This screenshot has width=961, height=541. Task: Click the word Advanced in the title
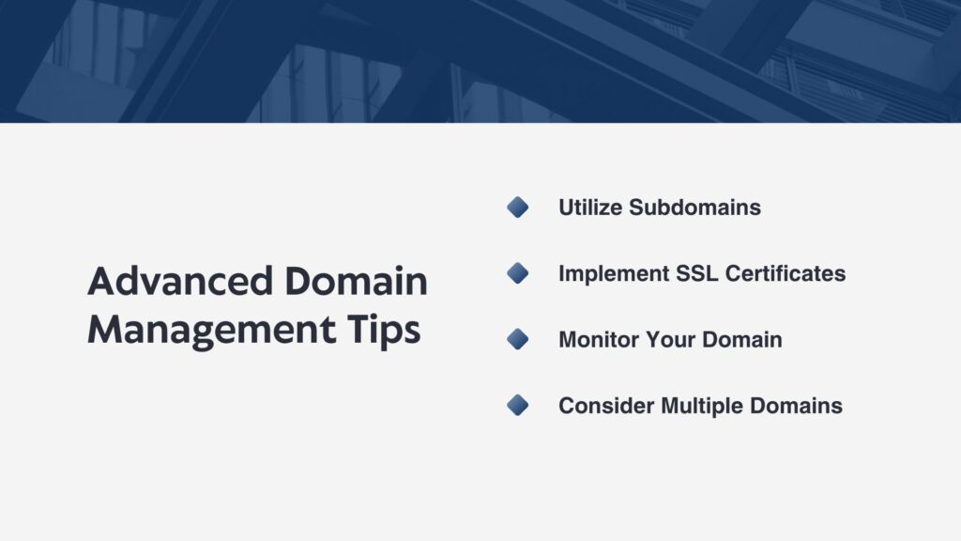(x=180, y=281)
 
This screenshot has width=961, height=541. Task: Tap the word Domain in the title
(x=356, y=281)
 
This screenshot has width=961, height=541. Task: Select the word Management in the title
(x=211, y=330)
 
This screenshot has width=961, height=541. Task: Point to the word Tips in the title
(x=384, y=330)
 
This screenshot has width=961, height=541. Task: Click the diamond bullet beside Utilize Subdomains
(x=518, y=208)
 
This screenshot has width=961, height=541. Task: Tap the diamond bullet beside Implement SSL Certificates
(x=518, y=273)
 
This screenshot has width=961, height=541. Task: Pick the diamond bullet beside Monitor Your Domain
(x=518, y=339)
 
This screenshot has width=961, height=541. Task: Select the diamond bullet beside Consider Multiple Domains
(x=518, y=406)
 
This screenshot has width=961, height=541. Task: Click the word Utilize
(x=590, y=208)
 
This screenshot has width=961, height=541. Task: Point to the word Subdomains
(x=695, y=208)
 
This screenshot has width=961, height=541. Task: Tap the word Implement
(x=614, y=273)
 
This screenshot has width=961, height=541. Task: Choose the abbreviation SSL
(x=697, y=273)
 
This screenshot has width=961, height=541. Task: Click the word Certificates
(x=786, y=273)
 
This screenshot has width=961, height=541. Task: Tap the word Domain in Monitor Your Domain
(x=742, y=339)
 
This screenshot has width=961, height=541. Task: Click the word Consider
(x=606, y=406)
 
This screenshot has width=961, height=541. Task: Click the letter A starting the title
(x=102, y=282)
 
